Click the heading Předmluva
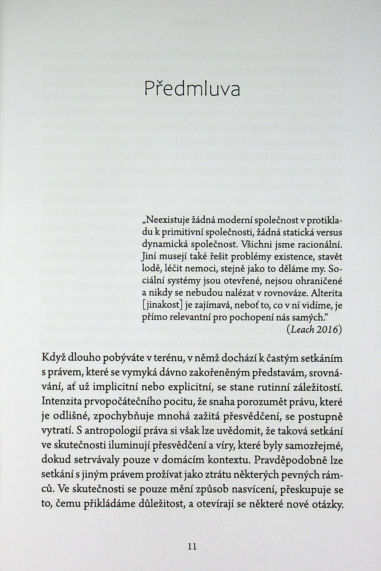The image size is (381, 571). click(x=192, y=89)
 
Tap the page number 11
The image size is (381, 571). click(x=192, y=546)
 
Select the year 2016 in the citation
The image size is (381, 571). click(x=329, y=329)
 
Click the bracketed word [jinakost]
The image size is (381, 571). click(x=162, y=305)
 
